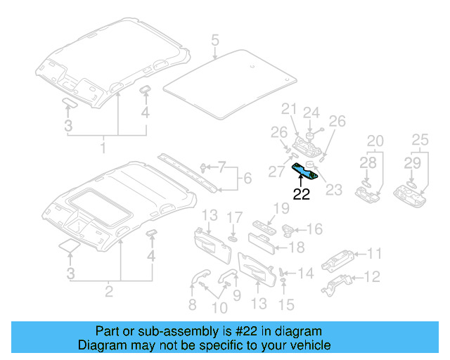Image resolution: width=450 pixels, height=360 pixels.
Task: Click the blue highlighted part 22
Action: click(306, 172)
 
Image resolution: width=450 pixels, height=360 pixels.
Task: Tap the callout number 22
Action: click(301, 195)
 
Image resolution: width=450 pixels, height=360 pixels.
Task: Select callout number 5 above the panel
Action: click(214, 41)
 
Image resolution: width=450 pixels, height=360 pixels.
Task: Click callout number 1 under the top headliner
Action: click(103, 148)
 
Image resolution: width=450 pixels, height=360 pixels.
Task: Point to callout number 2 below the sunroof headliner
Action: click(108, 290)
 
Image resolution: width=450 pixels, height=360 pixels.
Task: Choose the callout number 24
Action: click(311, 112)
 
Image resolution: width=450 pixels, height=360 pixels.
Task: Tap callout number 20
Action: click(375, 141)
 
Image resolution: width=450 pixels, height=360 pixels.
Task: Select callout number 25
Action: click(419, 141)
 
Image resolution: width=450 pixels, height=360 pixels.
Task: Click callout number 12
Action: click(374, 276)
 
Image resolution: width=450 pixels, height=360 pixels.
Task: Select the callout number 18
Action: click(297, 247)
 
